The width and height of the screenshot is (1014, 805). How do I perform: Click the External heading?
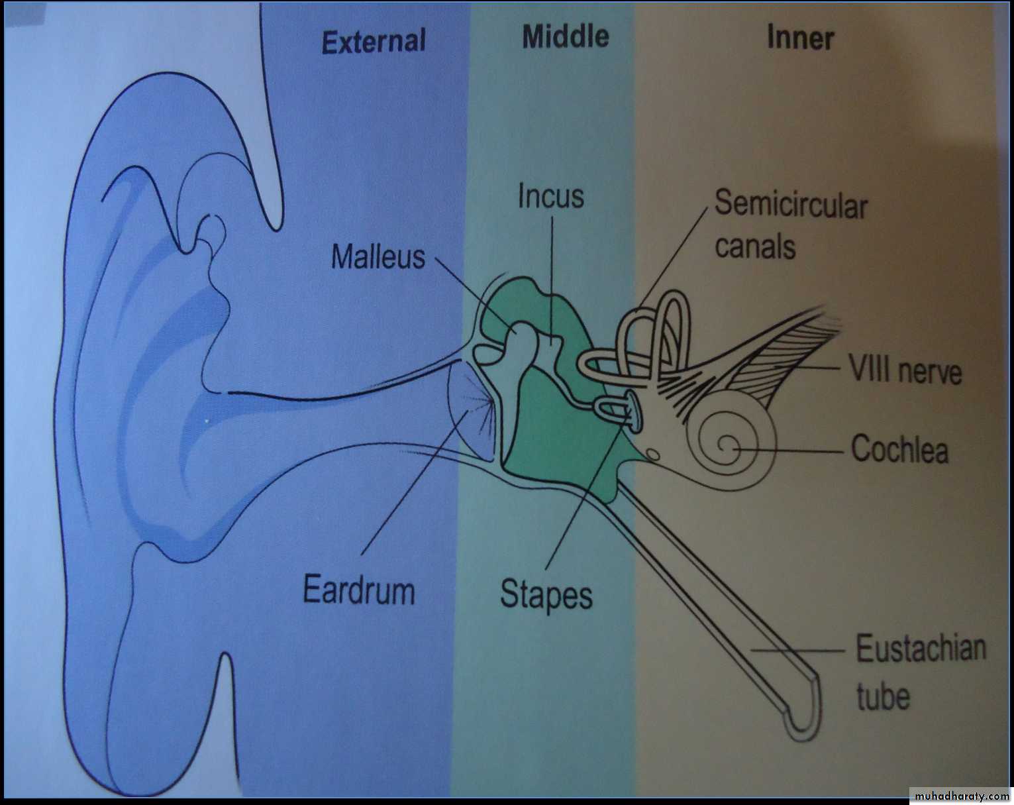(x=373, y=41)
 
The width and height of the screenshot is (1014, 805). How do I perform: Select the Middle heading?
(x=566, y=36)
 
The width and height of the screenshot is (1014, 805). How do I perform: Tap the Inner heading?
(x=801, y=37)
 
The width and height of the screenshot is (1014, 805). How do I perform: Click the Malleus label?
(x=378, y=257)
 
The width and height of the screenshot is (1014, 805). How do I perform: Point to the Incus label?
(x=551, y=196)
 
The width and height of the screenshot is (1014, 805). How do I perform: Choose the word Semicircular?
(x=791, y=205)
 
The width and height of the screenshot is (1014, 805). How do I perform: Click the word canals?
(x=755, y=246)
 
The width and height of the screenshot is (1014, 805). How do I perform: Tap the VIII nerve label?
(x=905, y=370)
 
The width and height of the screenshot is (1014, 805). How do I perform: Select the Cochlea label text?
(x=899, y=450)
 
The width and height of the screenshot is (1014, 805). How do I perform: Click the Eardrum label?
(x=359, y=590)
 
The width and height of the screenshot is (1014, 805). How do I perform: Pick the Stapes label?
(x=546, y=595)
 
